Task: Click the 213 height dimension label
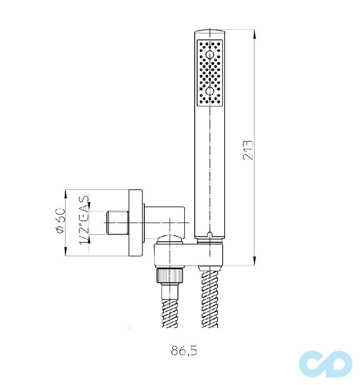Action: tap(247, 150)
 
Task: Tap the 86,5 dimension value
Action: tap(184, 350)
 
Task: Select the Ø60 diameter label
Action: tap(60, 221)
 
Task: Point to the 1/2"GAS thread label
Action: tap(84, 220)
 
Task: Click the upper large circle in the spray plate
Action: tap(210, 55)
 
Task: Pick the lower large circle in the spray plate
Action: tap(210, 91)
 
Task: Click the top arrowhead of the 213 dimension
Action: tap(254, 35)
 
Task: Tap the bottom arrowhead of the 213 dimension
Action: tap(254, 260)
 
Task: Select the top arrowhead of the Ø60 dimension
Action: tap(66, 194)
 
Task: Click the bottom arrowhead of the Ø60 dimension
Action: tap(66, 252)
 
